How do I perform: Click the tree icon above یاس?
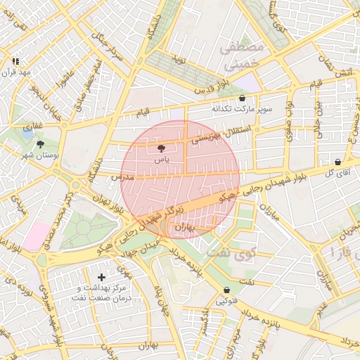pyautogui.click(x=162, y=148)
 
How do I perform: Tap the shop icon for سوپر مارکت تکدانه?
pyautogui.click(x=243, y=98)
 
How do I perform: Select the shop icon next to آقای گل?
pyautogui.click(x=338, y=162)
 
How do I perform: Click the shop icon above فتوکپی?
pyautogui.click(x=226, y=290)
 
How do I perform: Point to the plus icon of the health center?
pyautogui.click(x=102, y=278)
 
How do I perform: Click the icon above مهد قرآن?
pyautogui.click(x=15, y=62)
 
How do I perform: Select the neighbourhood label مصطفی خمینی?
pyautogui.click(x=242, y=56)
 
